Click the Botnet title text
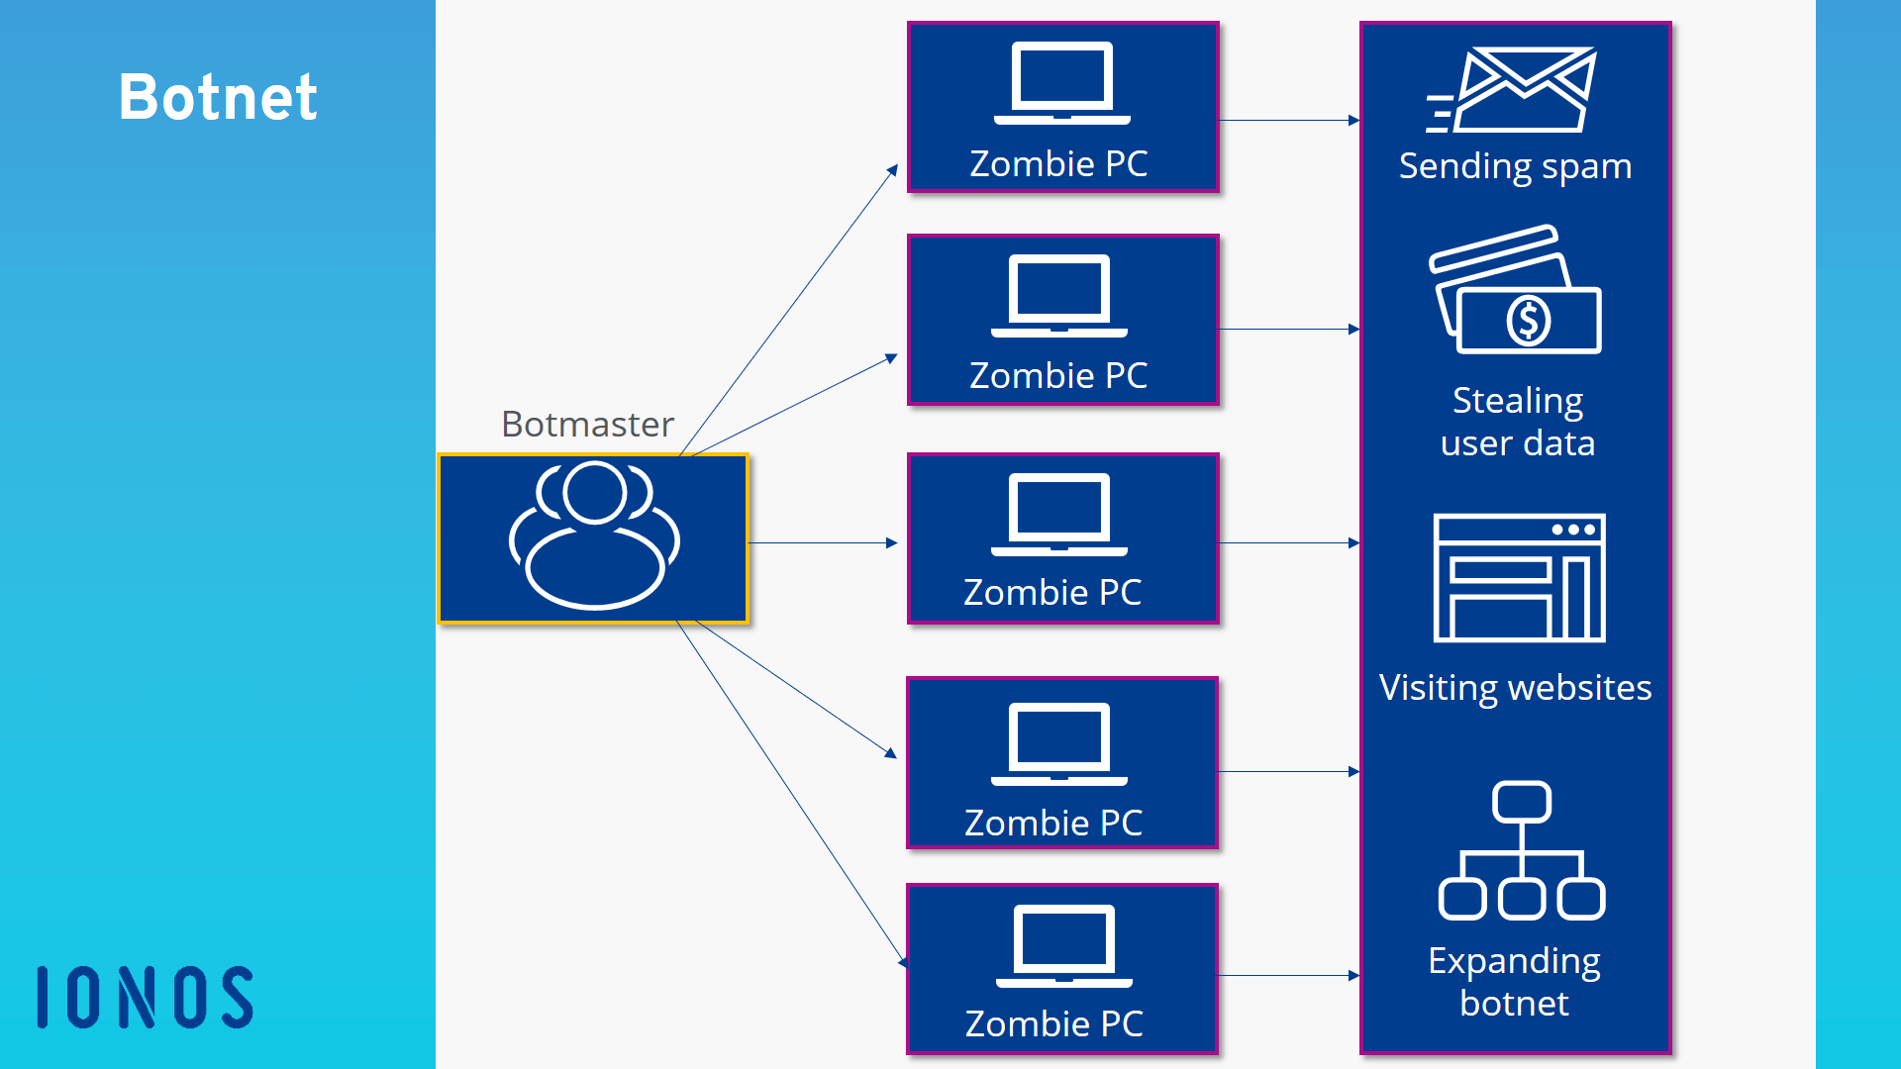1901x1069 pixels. [x=218, y=97]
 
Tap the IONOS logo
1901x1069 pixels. [x=146, y=997]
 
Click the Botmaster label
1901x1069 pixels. [x=587, y=424]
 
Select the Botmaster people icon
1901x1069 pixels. [x=594, y=534]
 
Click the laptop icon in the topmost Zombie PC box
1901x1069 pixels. [x=1061, y=83]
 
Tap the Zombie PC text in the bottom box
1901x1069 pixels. [x=1053, y=1023]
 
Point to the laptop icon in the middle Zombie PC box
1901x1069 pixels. [x=1059, y=515]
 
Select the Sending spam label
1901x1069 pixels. [x=1515, y=166]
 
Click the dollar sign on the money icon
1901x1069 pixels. [x=1528, y=321]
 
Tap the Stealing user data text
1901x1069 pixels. [x=1518, y=422]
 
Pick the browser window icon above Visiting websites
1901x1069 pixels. [x=1519, y=578]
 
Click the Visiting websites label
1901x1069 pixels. [x=1515, y=687]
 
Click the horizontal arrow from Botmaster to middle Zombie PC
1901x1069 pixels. [x=822, y=542]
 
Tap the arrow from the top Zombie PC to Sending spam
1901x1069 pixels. [x=1287, y=121]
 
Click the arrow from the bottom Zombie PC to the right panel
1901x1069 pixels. [x=1287, y=976]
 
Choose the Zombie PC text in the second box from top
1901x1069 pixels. [x=1058, y=375]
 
